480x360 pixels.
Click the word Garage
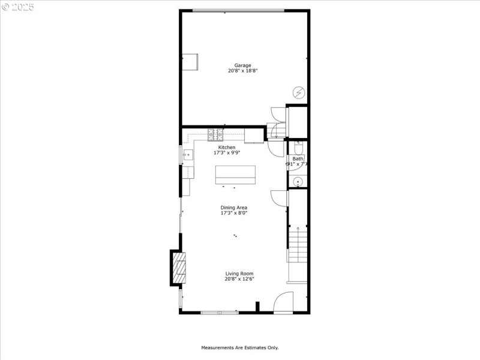coord(242,65)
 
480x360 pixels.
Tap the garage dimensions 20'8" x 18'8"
coord(242,71)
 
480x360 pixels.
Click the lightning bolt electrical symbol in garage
coord(298,92)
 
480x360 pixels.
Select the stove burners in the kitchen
coord(216,134)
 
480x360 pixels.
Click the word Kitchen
coord(226,148)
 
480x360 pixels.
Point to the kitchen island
coord(235,175)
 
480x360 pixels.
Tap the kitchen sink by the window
coord(187,155)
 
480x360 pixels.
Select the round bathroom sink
coord(298,182)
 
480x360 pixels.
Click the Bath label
coord(298,159)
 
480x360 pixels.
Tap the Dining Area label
coord(233,208)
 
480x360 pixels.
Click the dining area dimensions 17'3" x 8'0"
coord(233,213)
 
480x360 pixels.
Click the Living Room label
coord(239,274)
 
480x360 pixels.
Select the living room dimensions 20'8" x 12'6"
coord(239,279)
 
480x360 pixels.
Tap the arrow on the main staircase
coord(298,230)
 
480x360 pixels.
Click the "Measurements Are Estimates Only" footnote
coord(239,347)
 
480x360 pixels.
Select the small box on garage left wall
coord(191,62)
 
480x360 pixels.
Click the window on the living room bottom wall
coord(219,312)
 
